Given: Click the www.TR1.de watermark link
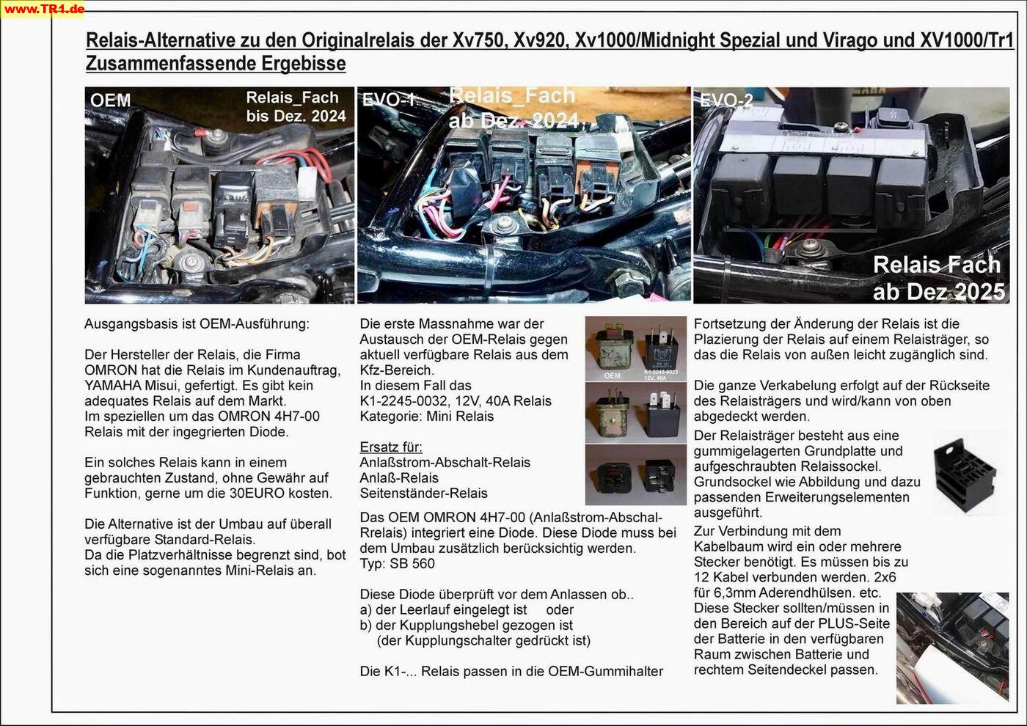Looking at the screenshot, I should pyautogui.click(x=43, y=9).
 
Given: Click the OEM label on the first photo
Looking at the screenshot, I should pyautogui.click(x=111, y=100).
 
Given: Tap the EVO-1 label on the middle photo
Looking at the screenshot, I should pyautogui.click(x=389, y=100).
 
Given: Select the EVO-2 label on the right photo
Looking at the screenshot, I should pyautogui.click(x=726, y=100).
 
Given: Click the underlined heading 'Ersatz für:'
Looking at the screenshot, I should pyautogui.click(x=391, y=447).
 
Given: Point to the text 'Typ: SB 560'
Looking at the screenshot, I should pyautogui.click(x=397, y=563).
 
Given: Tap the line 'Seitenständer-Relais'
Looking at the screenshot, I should pyautogui.click(x=423, y=493).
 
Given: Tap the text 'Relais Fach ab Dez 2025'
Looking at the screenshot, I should pyautogui.click(x=938, y=278).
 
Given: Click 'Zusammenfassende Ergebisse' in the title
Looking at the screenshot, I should pyautogui.click(x=216, y=64).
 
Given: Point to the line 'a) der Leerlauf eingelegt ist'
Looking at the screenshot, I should pyautogui.click(x=444, y=609).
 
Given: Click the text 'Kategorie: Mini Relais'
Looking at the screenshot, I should pyautogui.click(x=426, y=416).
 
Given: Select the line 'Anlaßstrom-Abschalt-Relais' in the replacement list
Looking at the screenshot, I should pyautogui.click(x=445, y=462).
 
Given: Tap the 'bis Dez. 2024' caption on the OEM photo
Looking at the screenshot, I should pyautogui.click(x=296, y=116).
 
